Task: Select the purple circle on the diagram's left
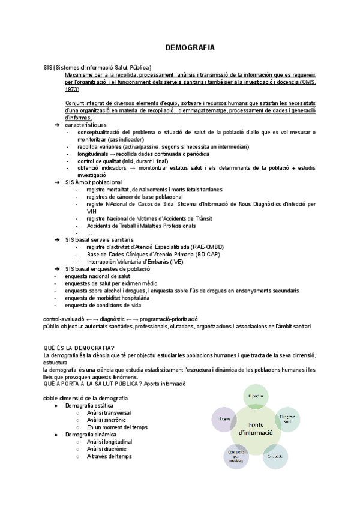click(x=226, y=418)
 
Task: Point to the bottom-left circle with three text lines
click(x=236, y=456)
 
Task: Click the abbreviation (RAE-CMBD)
click(x=220, y=247)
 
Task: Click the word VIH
click(x=91, y=211)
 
